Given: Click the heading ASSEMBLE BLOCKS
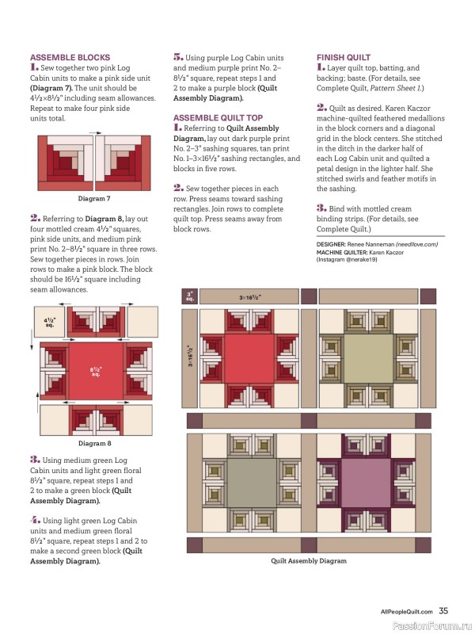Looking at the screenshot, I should click(69, 58).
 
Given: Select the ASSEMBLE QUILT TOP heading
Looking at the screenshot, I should click(218, 117).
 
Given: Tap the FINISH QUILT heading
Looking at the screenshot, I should click(344, 58).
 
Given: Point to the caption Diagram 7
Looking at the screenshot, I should click(94, 198).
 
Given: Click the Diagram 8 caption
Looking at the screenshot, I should click(94, 443).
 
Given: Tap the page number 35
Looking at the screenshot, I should click(444, 610).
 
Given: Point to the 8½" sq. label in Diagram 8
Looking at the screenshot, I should click(95, 371).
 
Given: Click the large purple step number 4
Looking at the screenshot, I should click(35, 519).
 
